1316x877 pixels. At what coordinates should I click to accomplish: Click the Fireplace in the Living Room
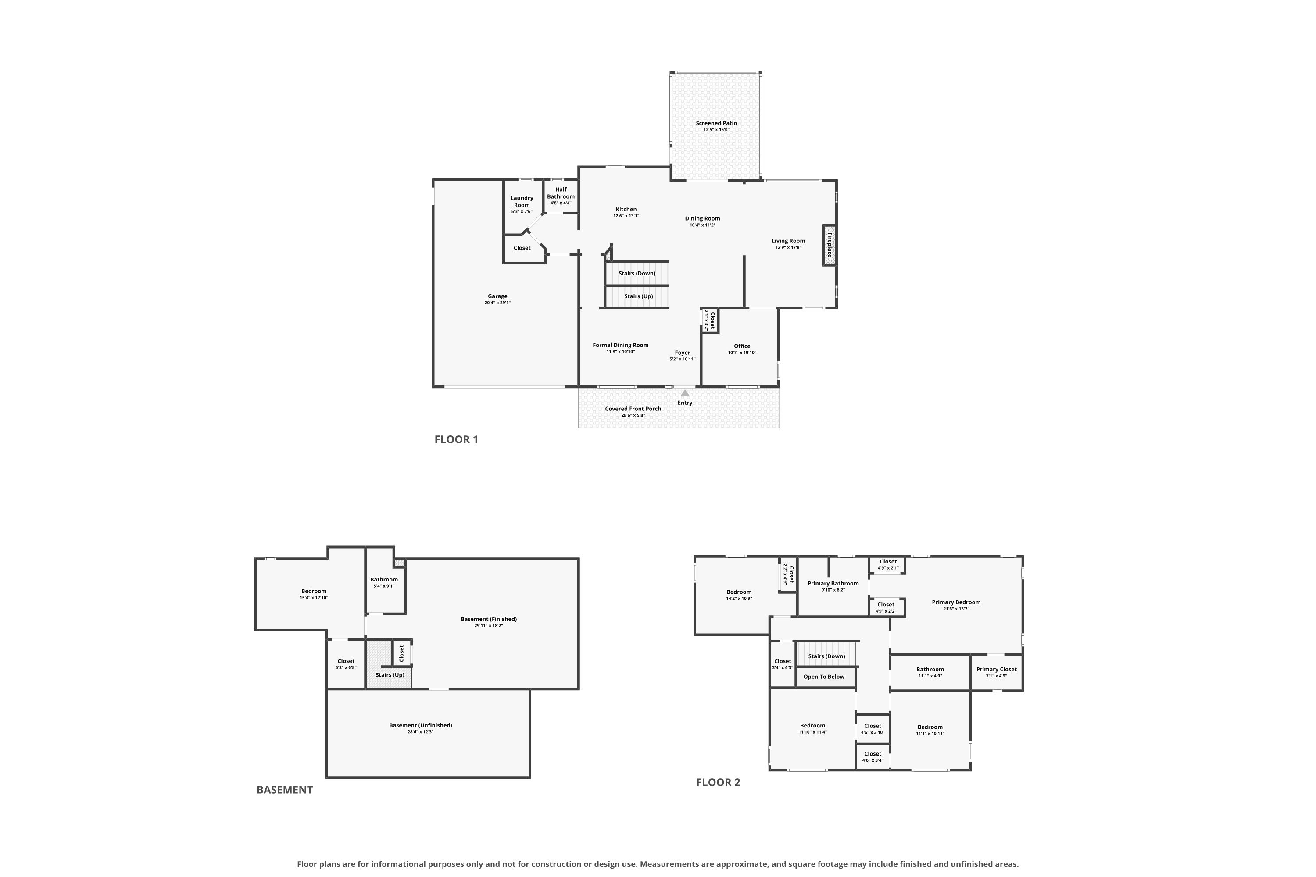[x=829, y=245]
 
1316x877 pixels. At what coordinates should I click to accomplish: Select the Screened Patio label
[x=716, y=123]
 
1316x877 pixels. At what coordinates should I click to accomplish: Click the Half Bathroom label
[x=561, y=193]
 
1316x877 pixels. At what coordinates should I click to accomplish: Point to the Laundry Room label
[x=522, y=201]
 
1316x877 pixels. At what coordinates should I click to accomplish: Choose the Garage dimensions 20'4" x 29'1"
[x=497, y=303]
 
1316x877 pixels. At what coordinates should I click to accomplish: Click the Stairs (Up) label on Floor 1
[x=638, y=296]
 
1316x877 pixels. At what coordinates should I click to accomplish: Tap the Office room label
[x=742, y=346]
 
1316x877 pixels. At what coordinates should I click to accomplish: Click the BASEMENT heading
[x=284, y=790]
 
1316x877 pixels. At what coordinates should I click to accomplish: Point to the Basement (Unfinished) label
[x=420, y=725]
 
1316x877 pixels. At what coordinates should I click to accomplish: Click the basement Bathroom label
[x=384, y=579]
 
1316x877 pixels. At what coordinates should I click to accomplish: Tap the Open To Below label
[x=824, y=677]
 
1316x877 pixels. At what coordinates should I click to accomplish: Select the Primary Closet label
[x=997, y=670]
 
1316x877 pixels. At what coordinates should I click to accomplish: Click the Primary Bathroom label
[x=833, y=583]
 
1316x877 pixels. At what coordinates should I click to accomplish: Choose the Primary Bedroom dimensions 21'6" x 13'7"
[x=956, y=609]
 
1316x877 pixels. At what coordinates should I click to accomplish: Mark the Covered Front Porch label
[x=633, y=409]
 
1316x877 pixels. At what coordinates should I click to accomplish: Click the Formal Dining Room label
[x=621, y=345]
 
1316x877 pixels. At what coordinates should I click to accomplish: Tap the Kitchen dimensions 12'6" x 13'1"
[x=626, y=215]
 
